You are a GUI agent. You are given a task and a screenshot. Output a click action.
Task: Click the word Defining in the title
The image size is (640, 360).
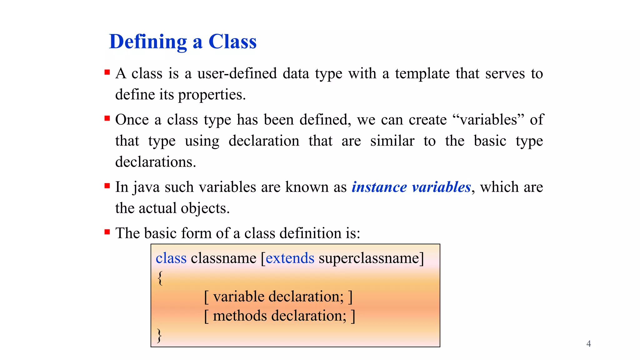(148, 42)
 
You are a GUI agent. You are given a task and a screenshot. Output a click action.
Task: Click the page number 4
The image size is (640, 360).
(588, 344)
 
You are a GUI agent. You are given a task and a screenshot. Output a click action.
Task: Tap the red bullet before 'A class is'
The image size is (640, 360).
(107, 72)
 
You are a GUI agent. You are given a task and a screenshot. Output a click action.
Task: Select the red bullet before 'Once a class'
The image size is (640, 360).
(107, 118)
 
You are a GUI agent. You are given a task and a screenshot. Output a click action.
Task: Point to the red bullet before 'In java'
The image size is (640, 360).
(107, 186)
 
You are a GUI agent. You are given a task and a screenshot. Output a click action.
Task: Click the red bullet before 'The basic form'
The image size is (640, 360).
(107, 232)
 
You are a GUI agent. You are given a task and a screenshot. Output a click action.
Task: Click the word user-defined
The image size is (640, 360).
(237, 74)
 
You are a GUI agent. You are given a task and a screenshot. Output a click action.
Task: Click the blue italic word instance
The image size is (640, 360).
(379, 187)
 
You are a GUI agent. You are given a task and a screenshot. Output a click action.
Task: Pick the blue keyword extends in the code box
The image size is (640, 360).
(290, 258)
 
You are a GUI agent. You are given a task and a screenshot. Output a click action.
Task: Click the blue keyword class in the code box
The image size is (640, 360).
(171, 258)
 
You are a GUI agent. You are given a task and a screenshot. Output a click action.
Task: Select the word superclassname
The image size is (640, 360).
(369, 258)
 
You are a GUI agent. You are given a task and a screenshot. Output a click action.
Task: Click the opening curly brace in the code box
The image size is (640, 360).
(160, 278)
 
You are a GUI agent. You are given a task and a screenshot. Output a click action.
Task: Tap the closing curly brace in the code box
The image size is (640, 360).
(159, 336)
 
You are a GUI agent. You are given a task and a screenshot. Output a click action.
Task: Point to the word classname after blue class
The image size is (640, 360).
(223, 258)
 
